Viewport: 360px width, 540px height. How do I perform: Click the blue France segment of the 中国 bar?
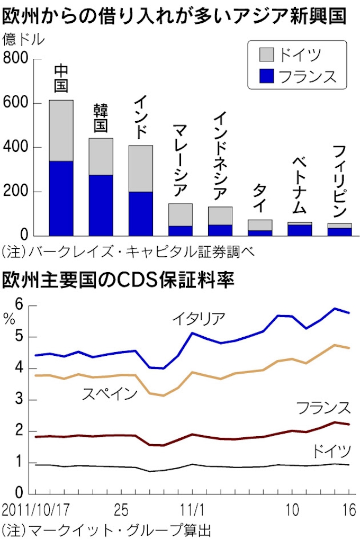tap(61, 198)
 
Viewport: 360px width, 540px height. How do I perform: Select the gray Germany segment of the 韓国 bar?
tap(101, 156)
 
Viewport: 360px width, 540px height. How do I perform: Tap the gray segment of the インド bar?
tap(140, 168)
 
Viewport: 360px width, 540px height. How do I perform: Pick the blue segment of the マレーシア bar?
tap(180, 230)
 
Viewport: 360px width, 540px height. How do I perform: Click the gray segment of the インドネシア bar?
tap(220, 215)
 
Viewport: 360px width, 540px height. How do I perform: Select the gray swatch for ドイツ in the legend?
tap(266, 54)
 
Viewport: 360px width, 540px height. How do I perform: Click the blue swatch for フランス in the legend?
tap(266, 76)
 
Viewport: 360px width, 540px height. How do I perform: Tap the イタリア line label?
tap(199, 318)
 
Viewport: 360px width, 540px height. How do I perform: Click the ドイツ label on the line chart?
tap(331, 451)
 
